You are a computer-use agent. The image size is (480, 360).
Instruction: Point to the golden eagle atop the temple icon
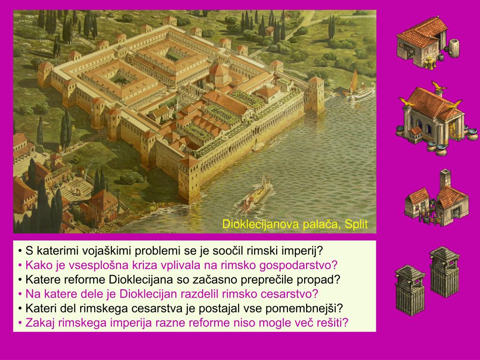tap(437, 86)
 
